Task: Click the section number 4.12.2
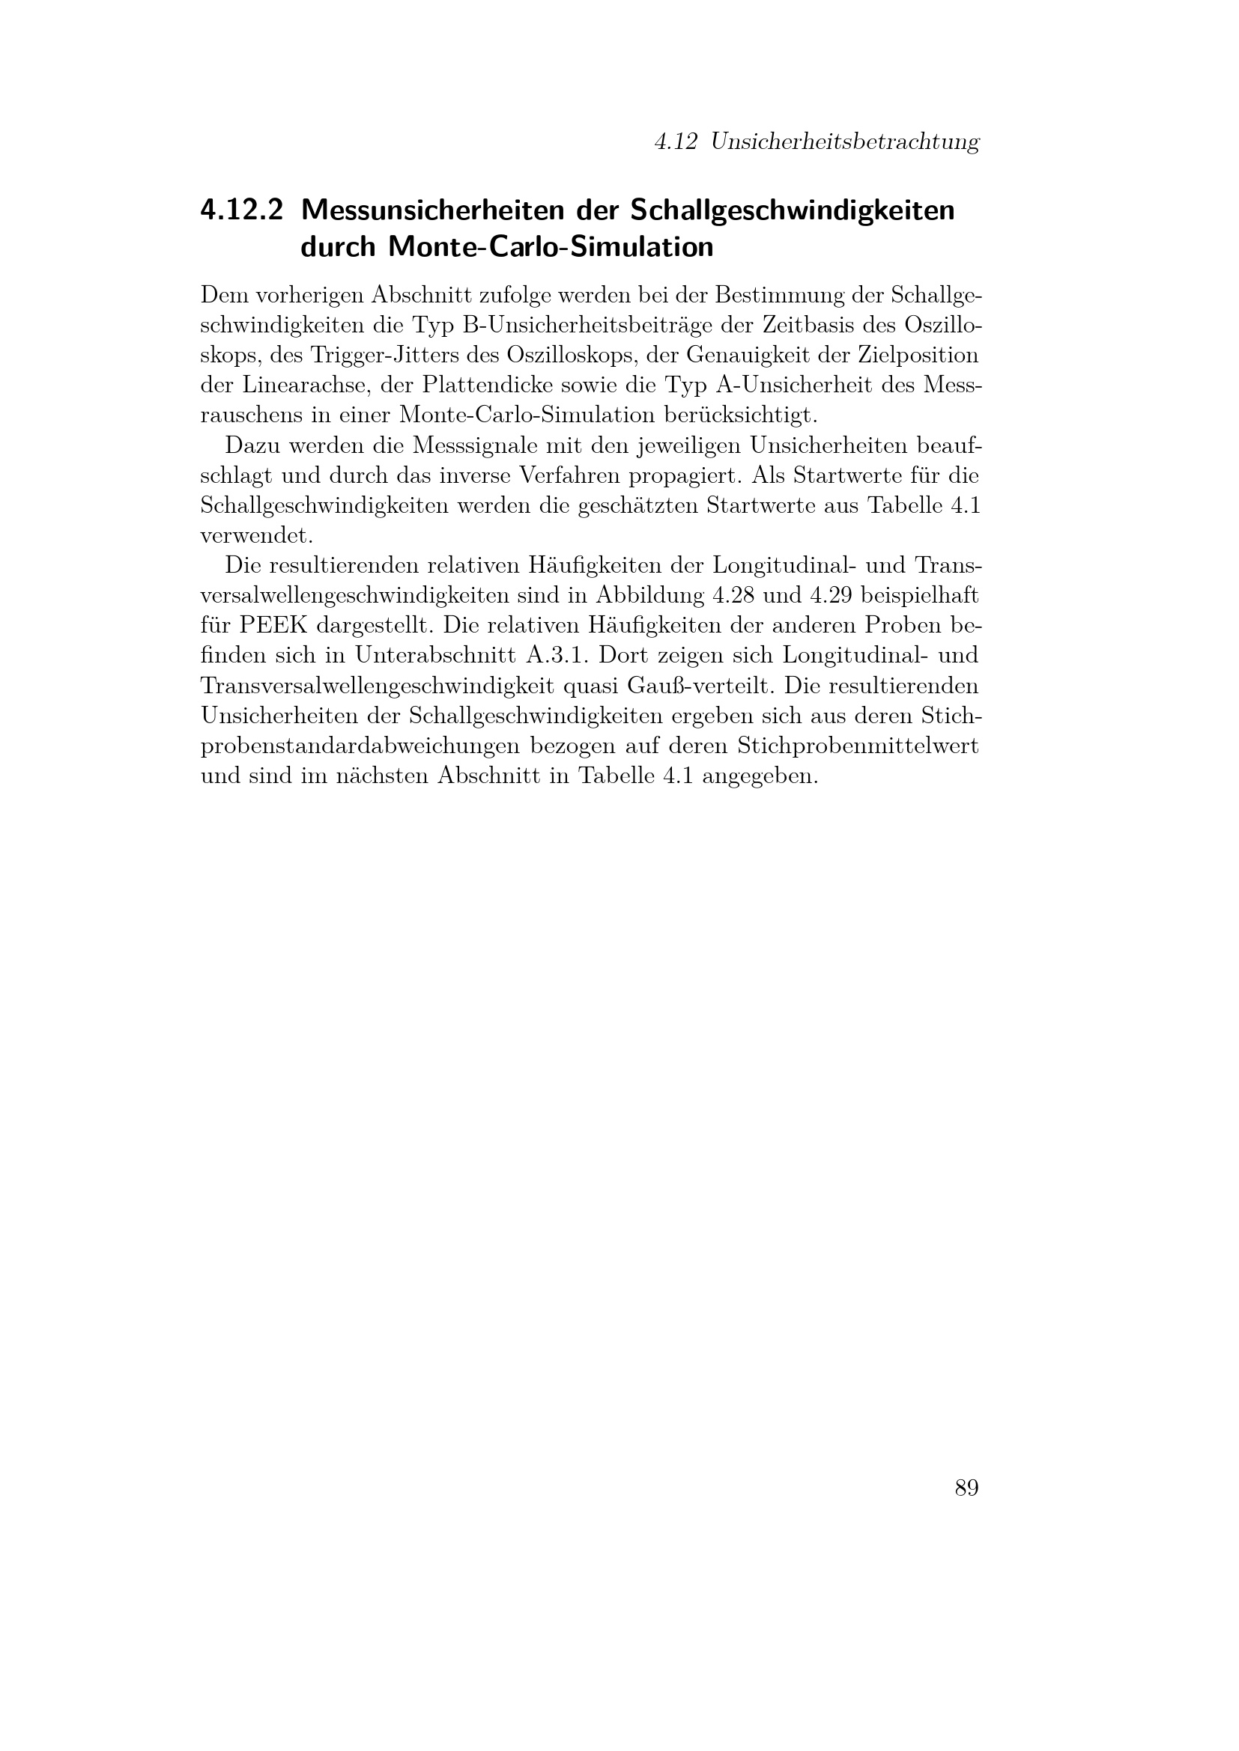coord(241,210)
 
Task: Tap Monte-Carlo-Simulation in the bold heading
coord(551,247)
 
